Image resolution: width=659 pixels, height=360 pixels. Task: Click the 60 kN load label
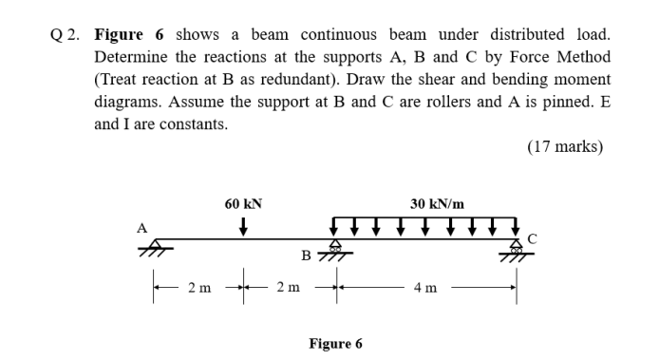(x=243, y=203)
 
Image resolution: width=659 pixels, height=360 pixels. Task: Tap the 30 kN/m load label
(x=437, y=203)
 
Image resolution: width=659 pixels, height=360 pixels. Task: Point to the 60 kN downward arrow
(x=244, y=226)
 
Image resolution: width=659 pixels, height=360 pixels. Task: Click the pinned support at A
(x=149, y=248)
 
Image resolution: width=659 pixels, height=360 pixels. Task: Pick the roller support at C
(x=515, y=250)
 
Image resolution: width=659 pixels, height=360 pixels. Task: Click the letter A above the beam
(x=141, y=227)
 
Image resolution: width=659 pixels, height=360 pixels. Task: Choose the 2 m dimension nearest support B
(x=288, y=288)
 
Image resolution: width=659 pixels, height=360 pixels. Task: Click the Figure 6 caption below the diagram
(x=335, y=343)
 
